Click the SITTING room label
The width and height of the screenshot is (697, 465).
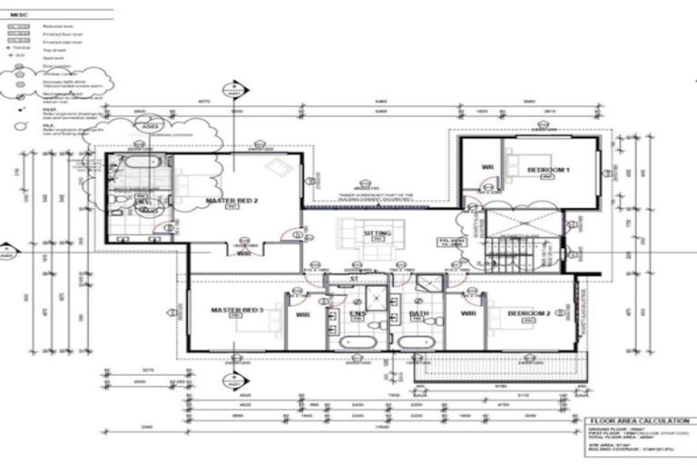[x=376, y=234]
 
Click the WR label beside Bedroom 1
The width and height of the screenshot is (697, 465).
[x=486, y=168]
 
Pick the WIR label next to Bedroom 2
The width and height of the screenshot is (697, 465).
[x=468, y=313]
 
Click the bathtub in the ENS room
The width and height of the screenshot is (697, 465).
[x=361, y=342]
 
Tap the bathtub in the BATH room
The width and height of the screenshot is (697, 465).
[x=417, y=342]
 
